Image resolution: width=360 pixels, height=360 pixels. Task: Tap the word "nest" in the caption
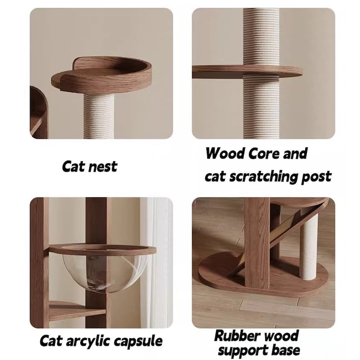102,166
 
